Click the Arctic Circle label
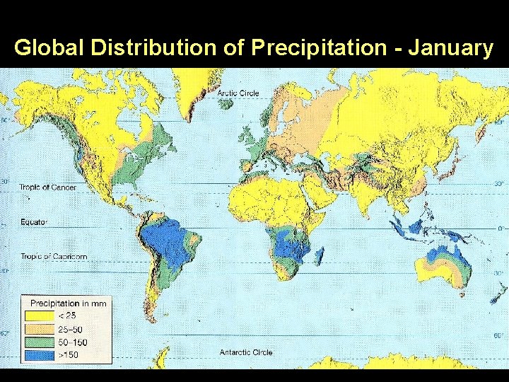pos(238,93)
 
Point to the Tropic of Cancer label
pos(48,187)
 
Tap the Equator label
pos(33,222)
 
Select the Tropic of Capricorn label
pos(53,256)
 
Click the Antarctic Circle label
pos(246,352)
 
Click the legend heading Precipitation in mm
pos(68,303)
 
